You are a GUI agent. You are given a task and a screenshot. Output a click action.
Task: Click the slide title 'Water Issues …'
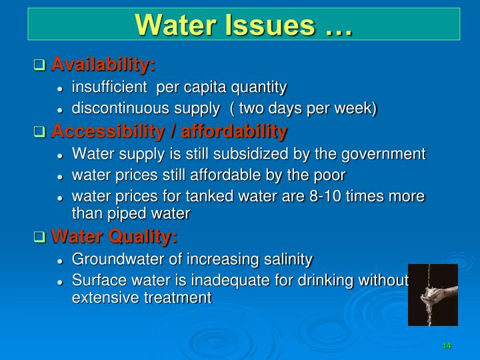coord(243,25)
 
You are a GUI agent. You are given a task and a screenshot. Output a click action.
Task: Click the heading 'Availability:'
coord(103,65)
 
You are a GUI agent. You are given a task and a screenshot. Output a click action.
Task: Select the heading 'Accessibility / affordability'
coord(169,131)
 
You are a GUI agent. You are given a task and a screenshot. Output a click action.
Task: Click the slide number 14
coord(446,346)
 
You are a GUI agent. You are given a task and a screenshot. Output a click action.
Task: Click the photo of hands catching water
coord(433,295)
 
